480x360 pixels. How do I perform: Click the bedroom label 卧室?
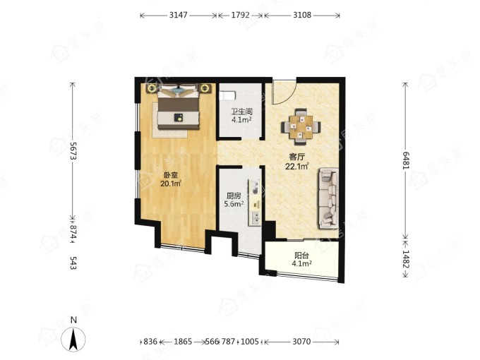tap(171, 175)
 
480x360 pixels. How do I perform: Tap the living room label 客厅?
tap(296, 157)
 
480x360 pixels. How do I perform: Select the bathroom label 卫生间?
tap(241, 112)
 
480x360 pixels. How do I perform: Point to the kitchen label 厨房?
tap(234, 196)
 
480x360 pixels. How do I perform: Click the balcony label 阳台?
tap(301, 256)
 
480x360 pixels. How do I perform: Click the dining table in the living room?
tap(301, 127)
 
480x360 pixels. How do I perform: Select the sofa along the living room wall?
tap(328, 198)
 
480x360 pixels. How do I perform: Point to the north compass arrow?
tap(73, 339)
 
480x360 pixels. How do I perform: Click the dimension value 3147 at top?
tap(178, 15)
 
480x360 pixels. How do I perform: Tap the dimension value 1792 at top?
tap(240, 15)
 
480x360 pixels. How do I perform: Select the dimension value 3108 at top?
tap(302, 15)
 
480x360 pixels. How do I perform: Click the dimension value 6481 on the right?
tap(406, 160)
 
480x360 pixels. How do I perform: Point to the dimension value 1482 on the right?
tap(406, 259)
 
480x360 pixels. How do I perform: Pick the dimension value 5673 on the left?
tap(73, 150)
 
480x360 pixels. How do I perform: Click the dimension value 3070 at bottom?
tap(301, 342)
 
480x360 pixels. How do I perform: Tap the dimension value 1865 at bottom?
tap(183, 342)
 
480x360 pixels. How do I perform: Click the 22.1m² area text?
tap(296, 167)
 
